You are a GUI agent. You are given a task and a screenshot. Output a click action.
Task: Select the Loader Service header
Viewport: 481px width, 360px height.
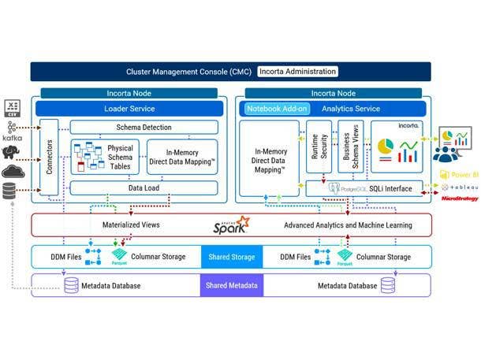tap(129, 109)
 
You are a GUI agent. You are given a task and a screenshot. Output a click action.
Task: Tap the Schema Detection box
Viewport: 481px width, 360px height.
tap(144, 127)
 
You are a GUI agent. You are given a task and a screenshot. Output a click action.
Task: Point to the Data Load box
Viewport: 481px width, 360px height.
tap(144, 188)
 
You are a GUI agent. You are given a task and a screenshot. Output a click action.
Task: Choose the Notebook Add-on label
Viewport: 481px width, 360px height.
tap(276, 109)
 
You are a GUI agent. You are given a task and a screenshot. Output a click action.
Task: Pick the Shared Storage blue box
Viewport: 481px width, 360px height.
tap(231, 257)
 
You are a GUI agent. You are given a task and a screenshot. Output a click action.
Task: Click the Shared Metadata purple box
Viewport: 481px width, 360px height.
tap(231, 285)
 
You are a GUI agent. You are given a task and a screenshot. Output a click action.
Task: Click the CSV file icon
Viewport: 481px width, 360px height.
tap(12, 107)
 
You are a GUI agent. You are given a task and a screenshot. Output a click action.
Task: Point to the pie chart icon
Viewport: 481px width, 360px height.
tap(386, 148)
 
